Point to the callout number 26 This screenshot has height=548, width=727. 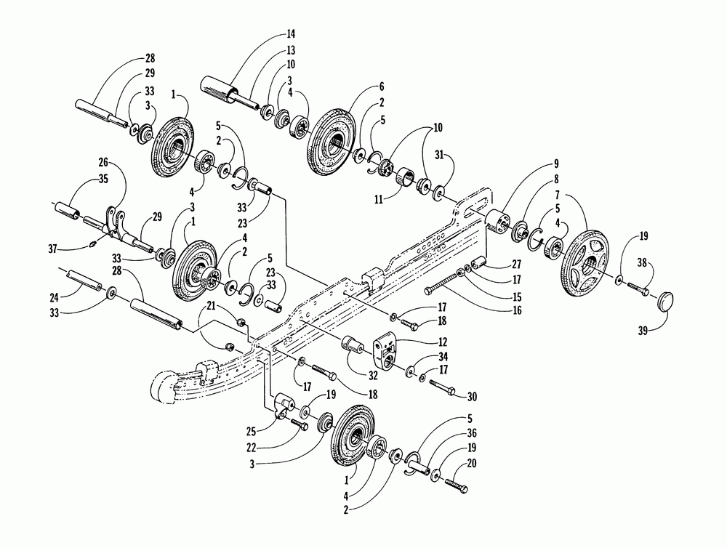(102, 162)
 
